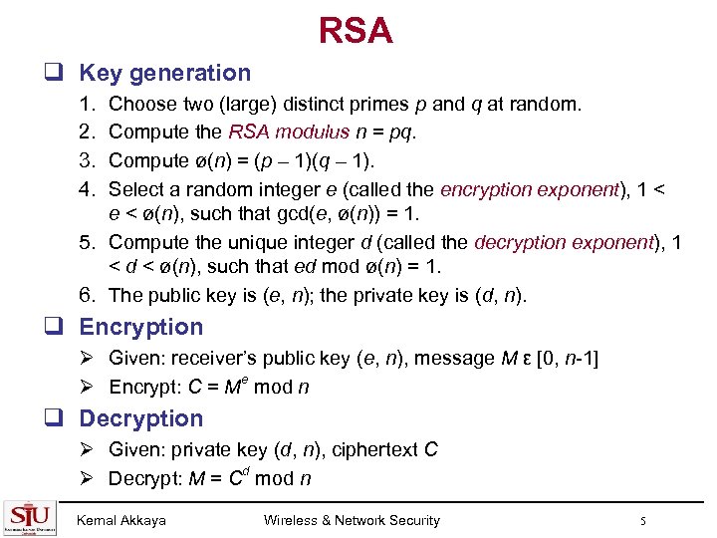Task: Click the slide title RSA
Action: coord(357,31)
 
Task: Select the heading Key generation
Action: coord(164,73)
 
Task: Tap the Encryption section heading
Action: coord(140,327)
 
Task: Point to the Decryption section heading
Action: coord(140,418)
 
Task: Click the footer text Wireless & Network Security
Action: coord(352,520)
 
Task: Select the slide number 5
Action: coord(644,520)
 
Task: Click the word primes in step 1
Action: coord(401,104)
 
